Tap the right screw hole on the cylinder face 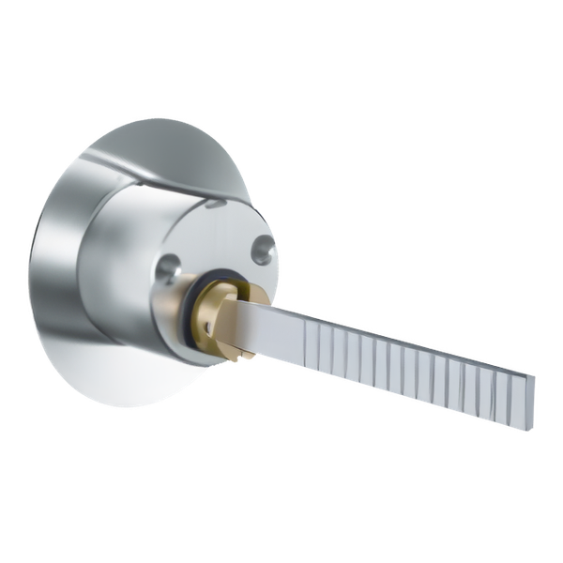(262, 247)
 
